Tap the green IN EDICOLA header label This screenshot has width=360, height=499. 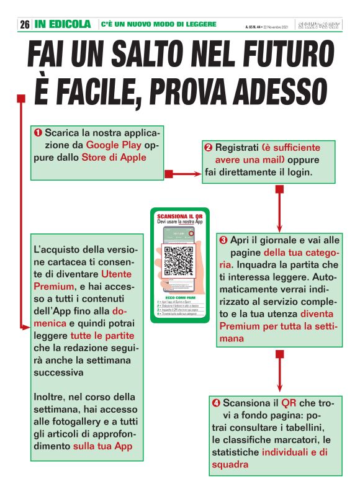pos(63,25)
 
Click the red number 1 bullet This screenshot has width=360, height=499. pos(38,133)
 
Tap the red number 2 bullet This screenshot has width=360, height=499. pos(208,148)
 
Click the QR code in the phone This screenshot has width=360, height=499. pos(179,261)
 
